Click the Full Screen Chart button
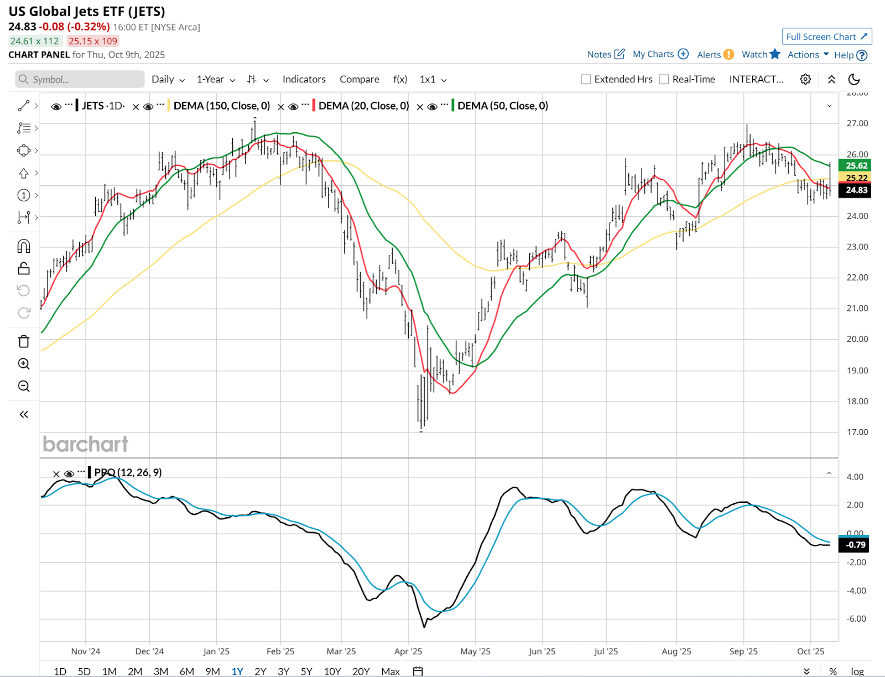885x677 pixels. click(826, 37)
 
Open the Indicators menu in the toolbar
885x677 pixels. click(304, 79)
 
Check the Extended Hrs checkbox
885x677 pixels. click(586, 79)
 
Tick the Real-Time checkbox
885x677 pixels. click(664, 79)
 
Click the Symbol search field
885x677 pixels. click(80, 79)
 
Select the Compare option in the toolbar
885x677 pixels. click(359, 79)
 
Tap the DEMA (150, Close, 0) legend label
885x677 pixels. click(221, 106)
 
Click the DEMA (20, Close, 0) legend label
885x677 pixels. click(363, 106)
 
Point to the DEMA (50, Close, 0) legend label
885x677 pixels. click(502, 106)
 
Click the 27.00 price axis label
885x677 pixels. click(857, 123)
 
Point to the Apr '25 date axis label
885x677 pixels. click(408, 651)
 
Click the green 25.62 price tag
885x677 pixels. click(856, 165)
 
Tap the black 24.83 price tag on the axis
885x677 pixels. click(856, 190)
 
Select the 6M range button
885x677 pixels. click(186, 671)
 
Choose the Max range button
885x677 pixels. click(390, 671)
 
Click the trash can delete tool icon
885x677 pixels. click(24, 341)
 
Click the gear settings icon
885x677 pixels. click(805, 79)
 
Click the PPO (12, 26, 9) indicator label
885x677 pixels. click(128, 472)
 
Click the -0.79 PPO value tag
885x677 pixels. click(855, 545)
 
